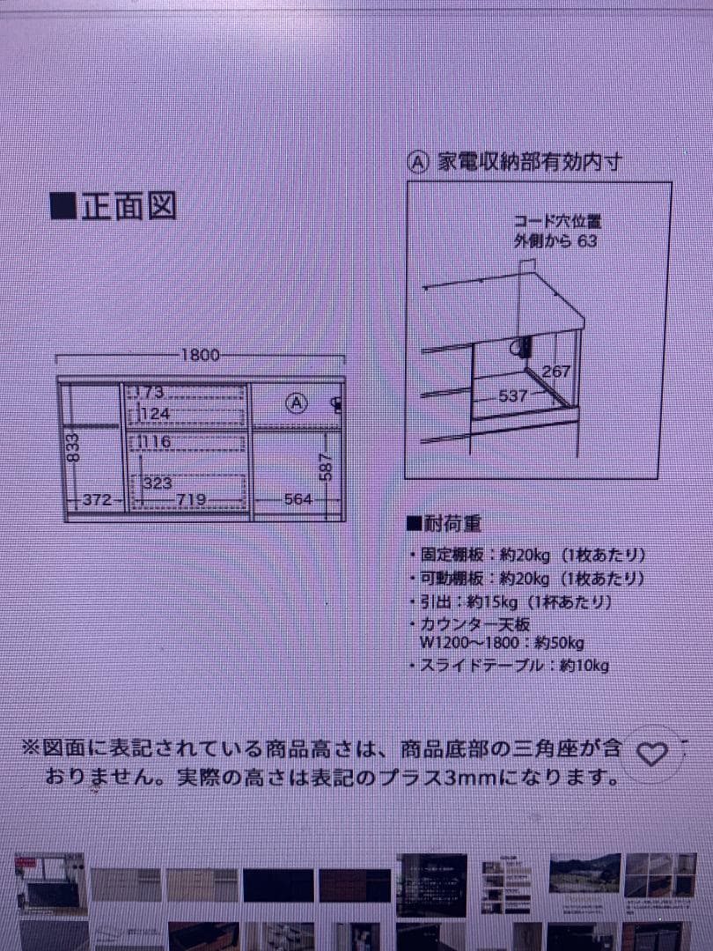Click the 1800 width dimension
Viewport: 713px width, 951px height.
pos(200,356)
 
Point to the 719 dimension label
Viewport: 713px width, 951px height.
pos(192,500)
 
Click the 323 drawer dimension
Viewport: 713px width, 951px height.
pos(157,483)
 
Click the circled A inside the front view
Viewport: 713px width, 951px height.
pos(297,403)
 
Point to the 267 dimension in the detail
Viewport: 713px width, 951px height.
pos(555,372)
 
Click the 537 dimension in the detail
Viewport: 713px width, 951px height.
pos(512,395)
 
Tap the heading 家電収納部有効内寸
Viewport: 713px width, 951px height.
pos(529,163)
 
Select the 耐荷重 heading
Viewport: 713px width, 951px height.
pos(445,524)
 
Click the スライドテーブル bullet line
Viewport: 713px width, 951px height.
pos(510,666)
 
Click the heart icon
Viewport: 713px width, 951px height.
pos(652,754)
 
